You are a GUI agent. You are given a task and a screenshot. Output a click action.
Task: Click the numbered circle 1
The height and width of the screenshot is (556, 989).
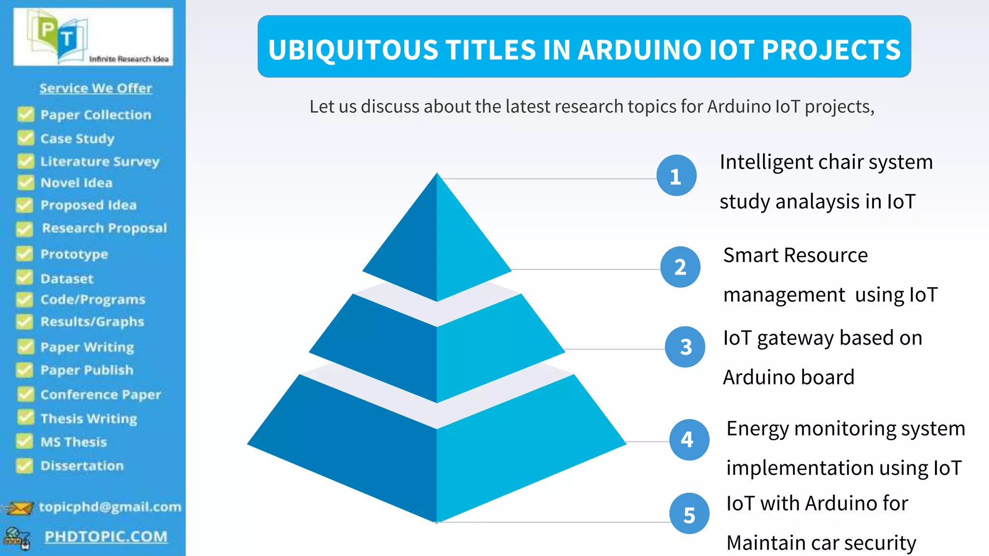coord(676,176)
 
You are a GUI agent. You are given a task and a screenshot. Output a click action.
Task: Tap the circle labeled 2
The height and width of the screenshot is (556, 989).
coord(680,267)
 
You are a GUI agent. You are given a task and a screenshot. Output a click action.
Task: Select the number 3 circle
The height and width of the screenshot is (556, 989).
coord(685,347)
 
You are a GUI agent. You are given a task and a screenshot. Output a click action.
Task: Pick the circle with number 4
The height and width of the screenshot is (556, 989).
coord(689,439)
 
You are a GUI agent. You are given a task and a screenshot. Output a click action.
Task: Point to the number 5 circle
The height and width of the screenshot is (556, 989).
coord(689,514)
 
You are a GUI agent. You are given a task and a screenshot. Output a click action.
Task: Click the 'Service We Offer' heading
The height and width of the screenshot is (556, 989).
coord(96,88)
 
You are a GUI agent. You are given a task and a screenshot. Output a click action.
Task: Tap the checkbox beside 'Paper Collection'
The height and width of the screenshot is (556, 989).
coord(26,114)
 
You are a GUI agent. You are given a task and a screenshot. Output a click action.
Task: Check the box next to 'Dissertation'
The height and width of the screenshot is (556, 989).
coord(25,466)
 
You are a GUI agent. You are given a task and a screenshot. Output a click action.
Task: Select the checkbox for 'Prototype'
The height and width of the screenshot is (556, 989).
coord(25,254)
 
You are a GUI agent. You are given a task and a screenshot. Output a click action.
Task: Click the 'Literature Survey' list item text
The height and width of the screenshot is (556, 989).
coord(99,161)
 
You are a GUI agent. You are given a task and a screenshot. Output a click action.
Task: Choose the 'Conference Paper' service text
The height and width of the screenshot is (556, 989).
coord(100,395)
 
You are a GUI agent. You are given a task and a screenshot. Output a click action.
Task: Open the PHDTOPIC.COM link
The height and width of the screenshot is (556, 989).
coord(106,537)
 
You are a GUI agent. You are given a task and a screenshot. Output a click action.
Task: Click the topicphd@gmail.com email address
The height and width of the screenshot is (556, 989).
coord(110,507)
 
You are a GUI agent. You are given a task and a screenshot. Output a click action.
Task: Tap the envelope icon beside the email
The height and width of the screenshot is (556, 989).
coord(19,508)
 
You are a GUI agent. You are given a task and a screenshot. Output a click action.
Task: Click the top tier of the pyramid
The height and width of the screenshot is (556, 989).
coord(437,241)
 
